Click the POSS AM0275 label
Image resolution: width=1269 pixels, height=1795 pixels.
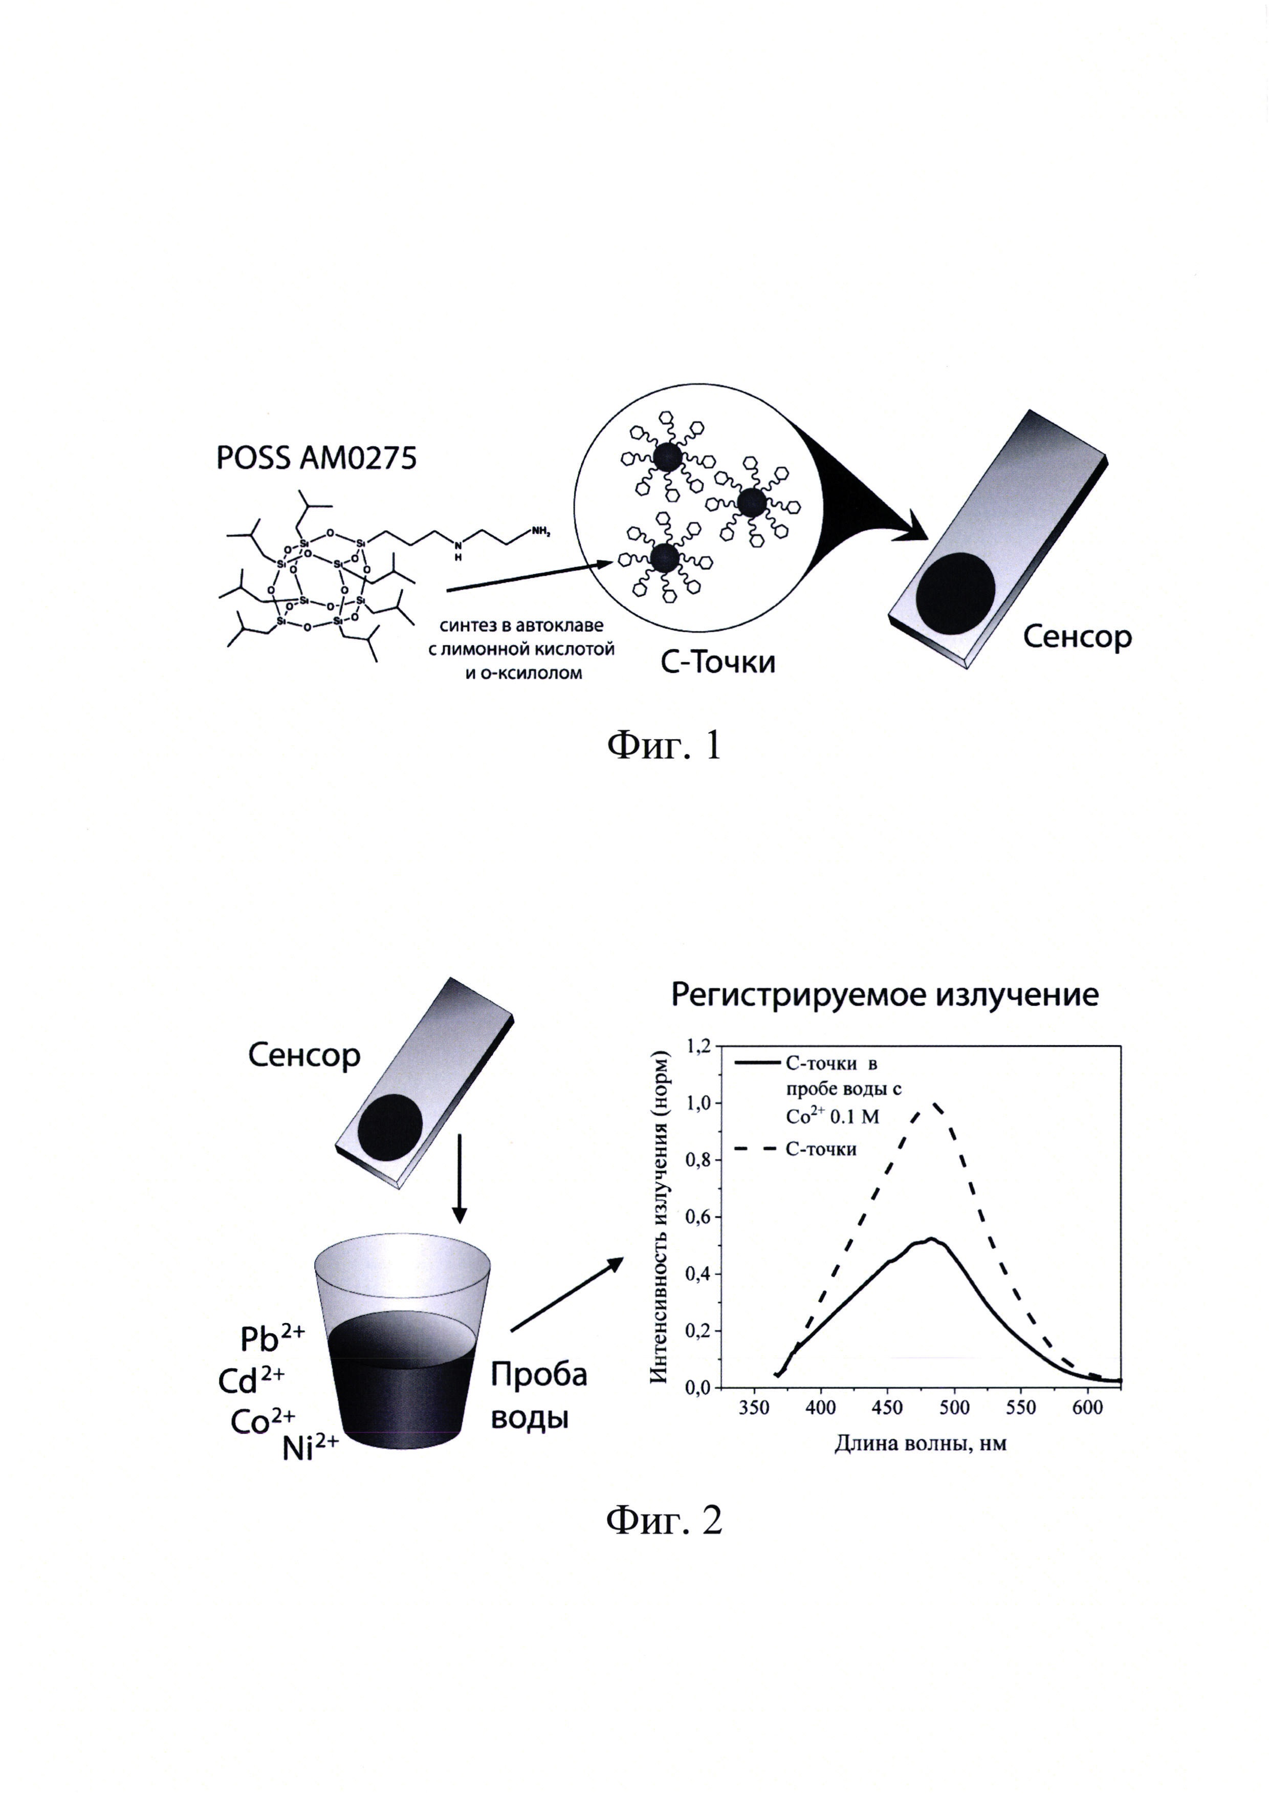point(316,458)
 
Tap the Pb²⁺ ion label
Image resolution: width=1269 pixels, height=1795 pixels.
point(271,1339)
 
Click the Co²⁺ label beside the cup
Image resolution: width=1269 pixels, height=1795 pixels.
point(262,1420)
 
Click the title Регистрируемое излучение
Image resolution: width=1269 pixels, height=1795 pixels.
point(885,995)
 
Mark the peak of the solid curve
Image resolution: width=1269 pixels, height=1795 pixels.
point(931,1239)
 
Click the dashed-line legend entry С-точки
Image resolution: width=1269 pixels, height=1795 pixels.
point(820,1149)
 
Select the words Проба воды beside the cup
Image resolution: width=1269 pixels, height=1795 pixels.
point(538,1396)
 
